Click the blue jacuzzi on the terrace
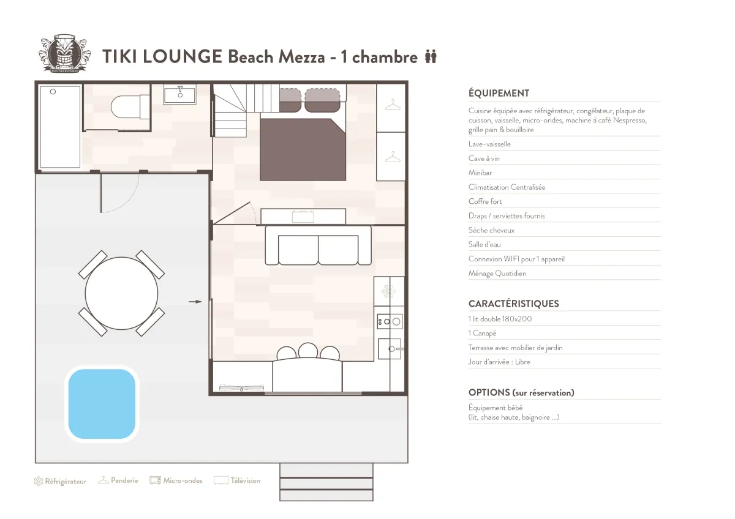click(x=102, y=404)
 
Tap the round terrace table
click(x=121, y=293)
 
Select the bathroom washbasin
click(x=179, y=94)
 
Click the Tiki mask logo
click(x=63, y=53)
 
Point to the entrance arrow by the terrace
click(x=195, y=302)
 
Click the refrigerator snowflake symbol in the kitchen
click(x=388, y=291)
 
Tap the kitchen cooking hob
click(x=390, y=322)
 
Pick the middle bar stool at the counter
click(x=307, y=350)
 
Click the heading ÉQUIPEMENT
click(x=499, y=94)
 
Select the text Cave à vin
click(x=484, y=159)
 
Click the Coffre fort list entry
click(x=485, y=201)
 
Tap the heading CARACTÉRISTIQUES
click(x=513, y=304)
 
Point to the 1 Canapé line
click(x=482, y=334)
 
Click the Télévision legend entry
click(x=237, y=480)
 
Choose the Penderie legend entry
click(x=118, y=480)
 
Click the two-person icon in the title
click(x=431, y=56)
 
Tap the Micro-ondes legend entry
click(x=176, y=480)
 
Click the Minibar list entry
click(x=480, y=173)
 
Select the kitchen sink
click(x=390, y=349)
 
